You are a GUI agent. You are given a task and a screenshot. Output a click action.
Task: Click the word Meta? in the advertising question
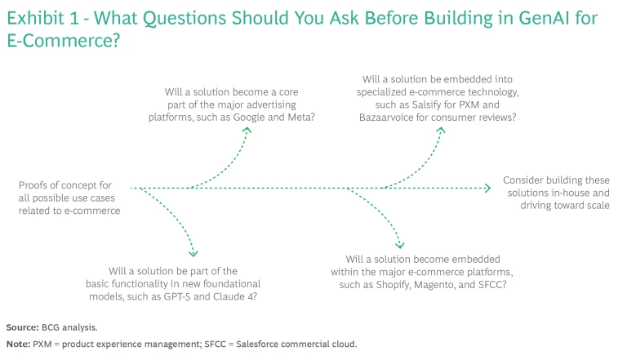pyautogui.click(x=300, y=118)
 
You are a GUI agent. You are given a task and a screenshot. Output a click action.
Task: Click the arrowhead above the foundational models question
pyautogui.click(x=193, y=253)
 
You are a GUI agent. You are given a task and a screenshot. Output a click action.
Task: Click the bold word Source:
pyautogui.click(x=22, y=327)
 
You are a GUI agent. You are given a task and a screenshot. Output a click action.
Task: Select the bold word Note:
pyautogui.click(x=18, y=344)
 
